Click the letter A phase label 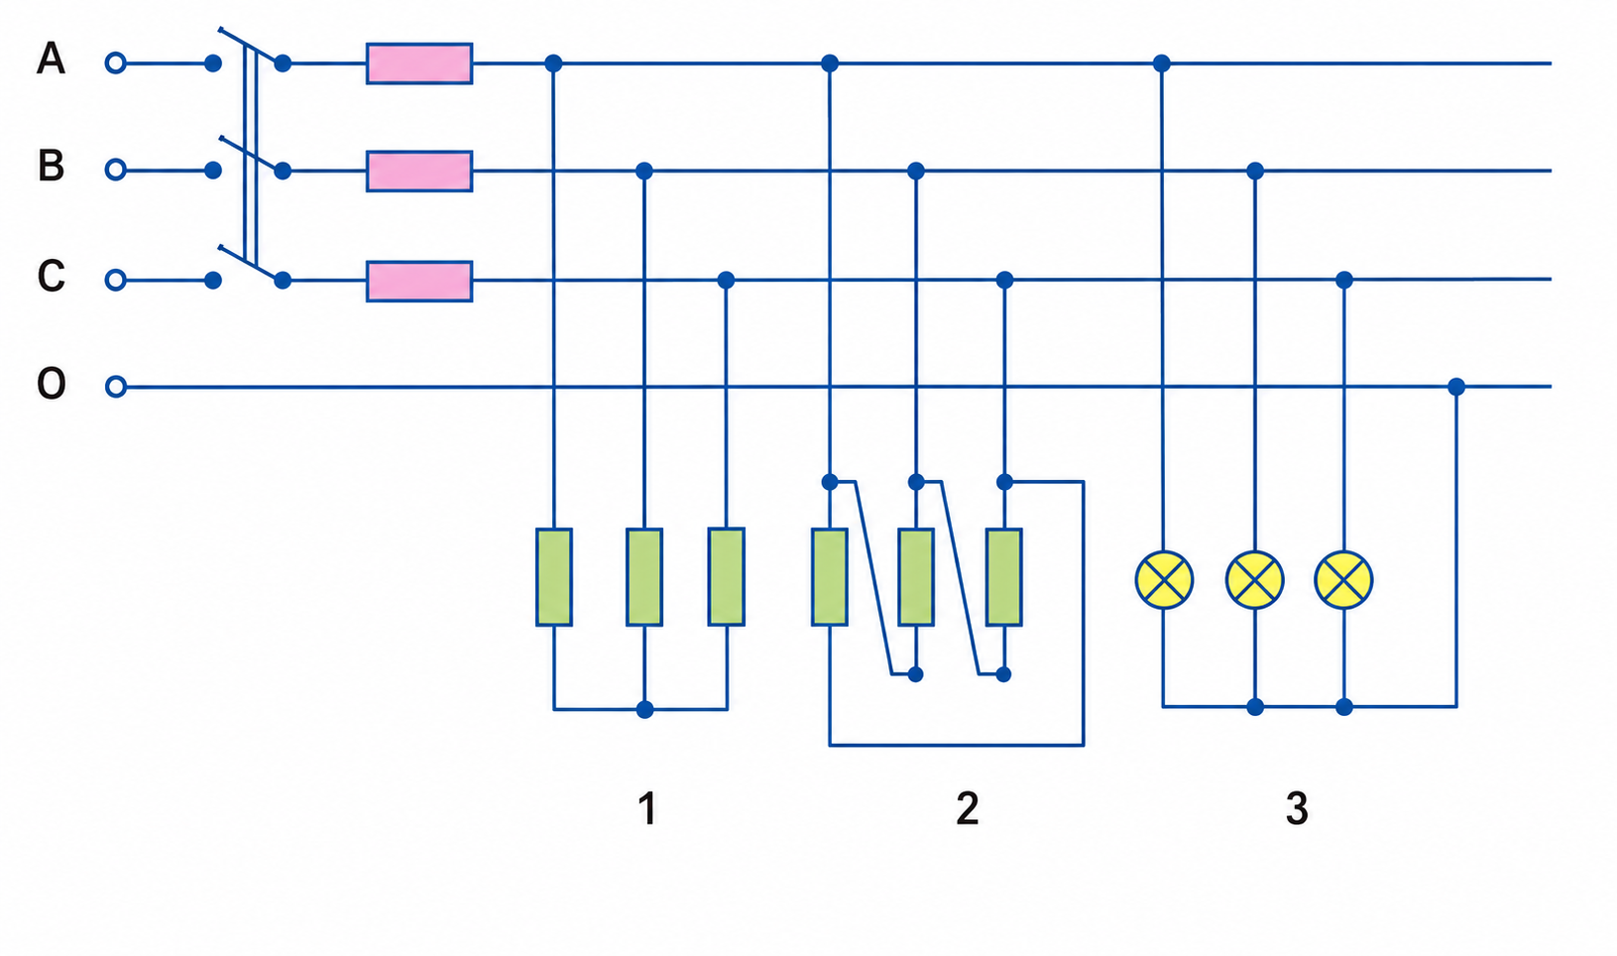point(52,59)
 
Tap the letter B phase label point(52,166)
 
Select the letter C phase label point(52,276)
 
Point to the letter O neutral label point(52,384)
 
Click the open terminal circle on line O point(115,387)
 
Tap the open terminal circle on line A point(115,63)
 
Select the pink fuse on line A point(419,63)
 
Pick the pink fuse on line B point(419,172)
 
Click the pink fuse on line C point(419,281)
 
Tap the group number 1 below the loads point(647,808)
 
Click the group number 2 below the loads point(968,808)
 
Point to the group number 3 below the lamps point(1297,808)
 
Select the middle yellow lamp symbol point(1254,580)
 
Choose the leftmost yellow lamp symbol point(1164,580)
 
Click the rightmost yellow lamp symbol point(1343,580)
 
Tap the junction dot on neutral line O point(1456,387)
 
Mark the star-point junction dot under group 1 point(644,710)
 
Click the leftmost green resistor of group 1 point(553,577)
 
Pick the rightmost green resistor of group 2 point(1003,577)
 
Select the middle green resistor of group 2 point(915,577)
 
